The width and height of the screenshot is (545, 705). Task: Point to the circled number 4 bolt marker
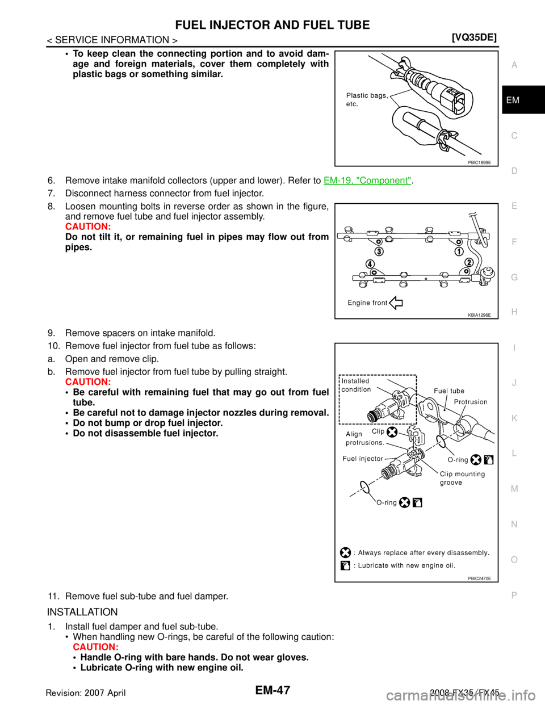click(x=370, y=264)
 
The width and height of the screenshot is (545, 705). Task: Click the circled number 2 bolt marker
click(x=469, y=262)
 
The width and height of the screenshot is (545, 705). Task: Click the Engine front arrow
click(x=396, y=303)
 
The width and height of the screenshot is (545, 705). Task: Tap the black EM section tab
click(x=523, y=100)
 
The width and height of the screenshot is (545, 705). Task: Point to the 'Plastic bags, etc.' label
click(x=367, y=99)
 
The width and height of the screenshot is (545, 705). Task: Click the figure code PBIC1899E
click(x=479, y=162)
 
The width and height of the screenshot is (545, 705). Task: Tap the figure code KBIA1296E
click(x=479, y=314)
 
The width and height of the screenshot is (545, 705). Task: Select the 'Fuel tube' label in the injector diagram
click(x=449, y=391)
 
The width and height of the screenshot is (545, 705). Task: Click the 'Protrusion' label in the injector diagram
click(x=471, y=402)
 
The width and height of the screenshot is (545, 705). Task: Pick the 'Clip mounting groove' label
click(x=462, y=478)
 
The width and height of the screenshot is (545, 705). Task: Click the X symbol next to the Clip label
click(x=392, y=432)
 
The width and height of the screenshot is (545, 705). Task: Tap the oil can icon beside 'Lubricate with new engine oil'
click(x=346, y=565)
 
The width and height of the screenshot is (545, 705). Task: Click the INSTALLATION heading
click(x=82, y=612)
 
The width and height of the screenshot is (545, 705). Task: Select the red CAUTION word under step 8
click(x=88, y=226)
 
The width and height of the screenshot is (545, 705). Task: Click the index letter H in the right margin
click(x=514, y=312)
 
